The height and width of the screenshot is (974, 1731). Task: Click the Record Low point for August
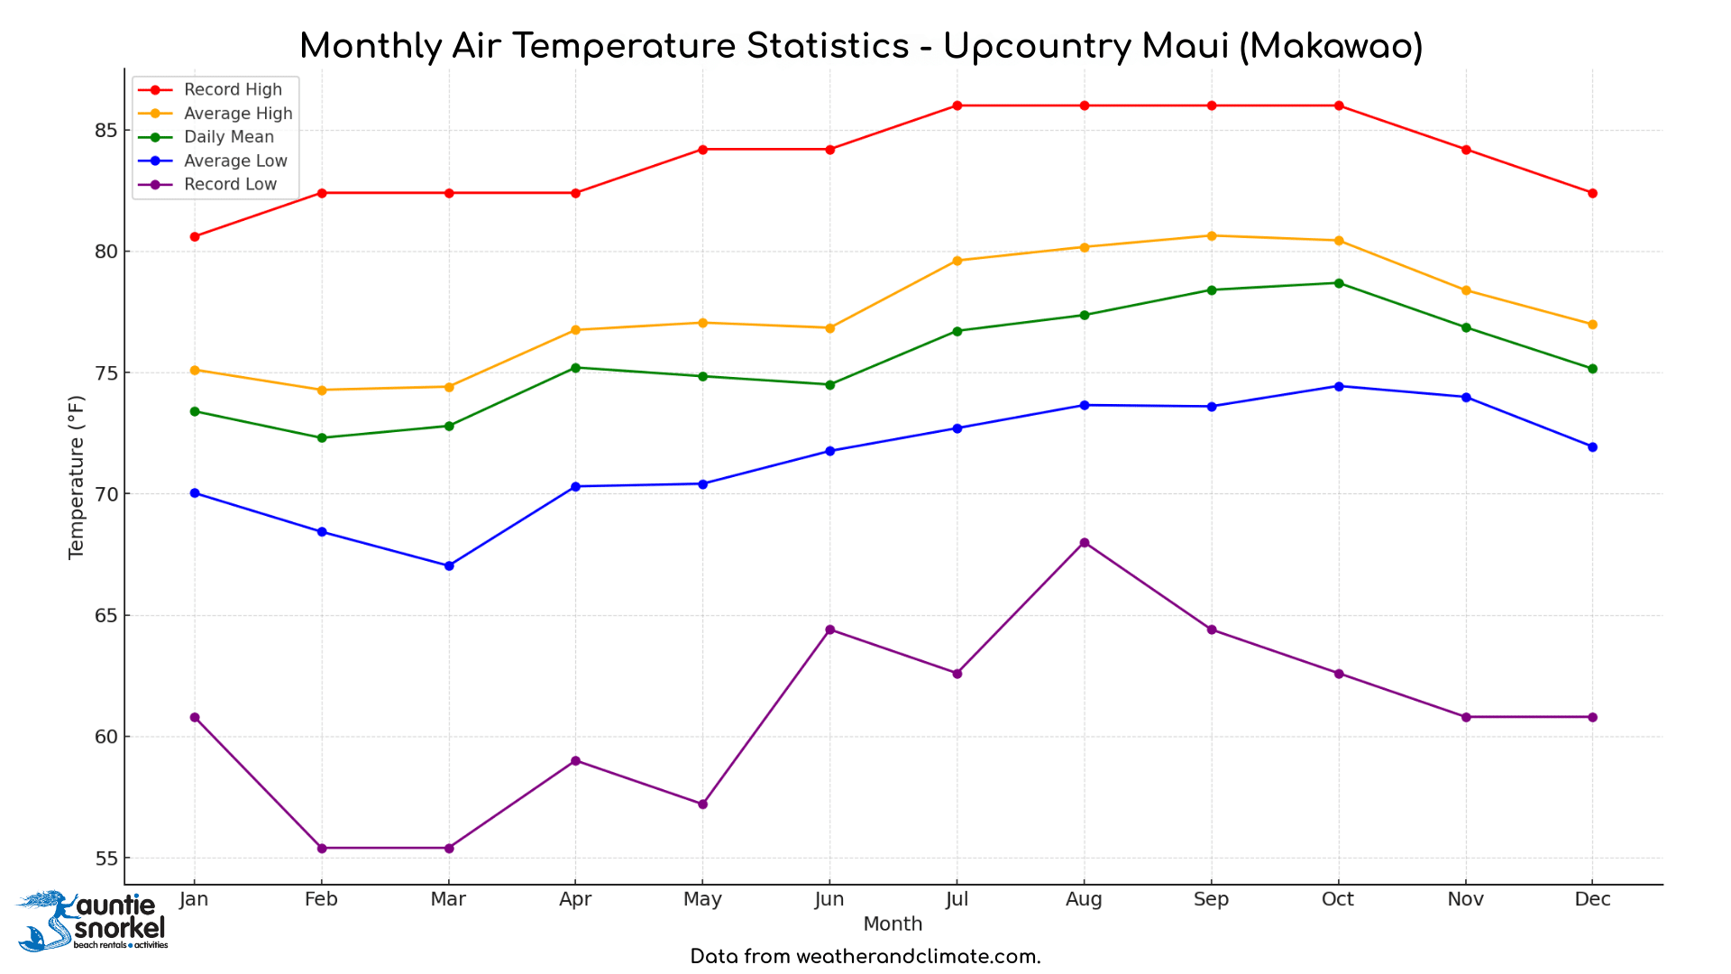(x=1085, y=543)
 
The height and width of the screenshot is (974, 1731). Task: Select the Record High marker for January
(x=195, y=236)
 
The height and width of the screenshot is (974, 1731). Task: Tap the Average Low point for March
(x=449, y=565)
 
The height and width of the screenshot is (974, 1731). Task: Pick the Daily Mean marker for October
(x=1339, y=283)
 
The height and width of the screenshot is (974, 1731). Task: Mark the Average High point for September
(x=1212, y=236)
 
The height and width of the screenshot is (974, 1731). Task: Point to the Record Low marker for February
(x=322, y=848)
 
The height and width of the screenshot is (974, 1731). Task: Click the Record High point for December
(x=1592, y=193)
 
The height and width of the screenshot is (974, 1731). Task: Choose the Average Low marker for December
(x=1592, y=447)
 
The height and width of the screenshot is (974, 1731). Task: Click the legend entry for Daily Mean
(x=228, y=137)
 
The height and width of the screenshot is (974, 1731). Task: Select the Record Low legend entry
(x=230, y=185)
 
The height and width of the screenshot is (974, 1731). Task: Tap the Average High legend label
(x=238, y=114)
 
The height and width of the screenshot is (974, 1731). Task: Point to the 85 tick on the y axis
(x=105, y=131)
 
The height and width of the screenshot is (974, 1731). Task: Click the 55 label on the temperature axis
(x=105, y=859)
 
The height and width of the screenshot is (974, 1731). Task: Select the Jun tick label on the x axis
(x=829, y=899)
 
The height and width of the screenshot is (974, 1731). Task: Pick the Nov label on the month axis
(x=1465, y=899)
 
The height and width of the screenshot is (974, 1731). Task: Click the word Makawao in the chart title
(x=1331, y=47)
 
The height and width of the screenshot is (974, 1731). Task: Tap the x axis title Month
(x=893, y=924)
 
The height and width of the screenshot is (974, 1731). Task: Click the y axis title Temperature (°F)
(x=77, y=477)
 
